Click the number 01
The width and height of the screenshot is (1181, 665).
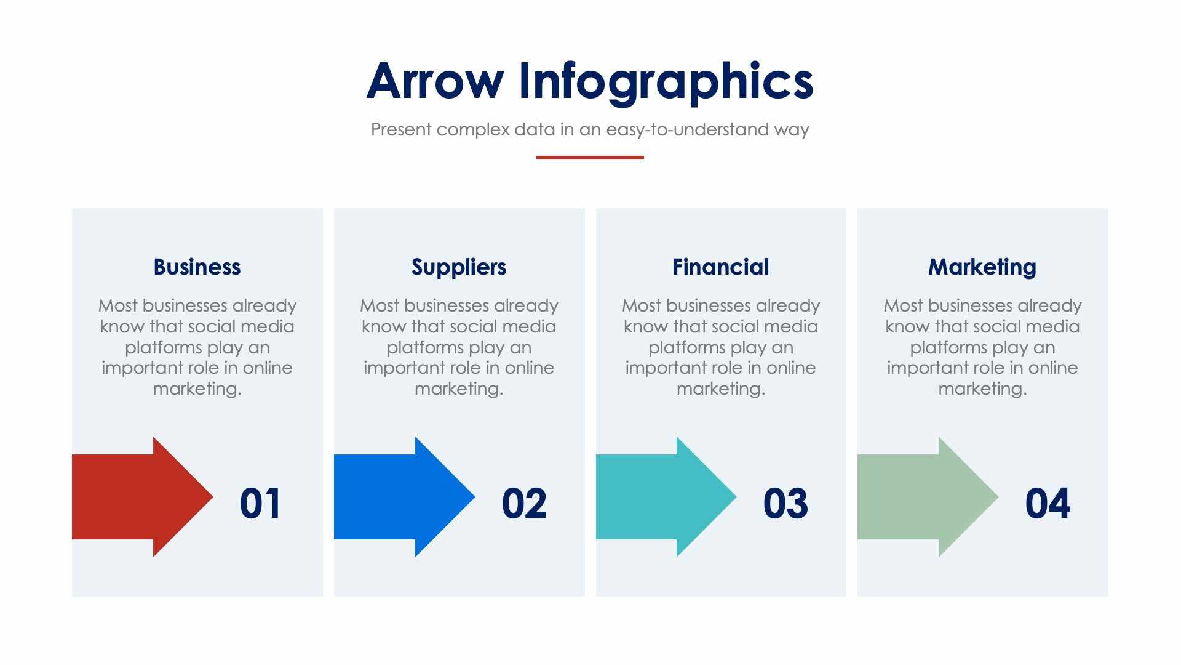[261, 504]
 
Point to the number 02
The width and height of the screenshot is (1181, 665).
[523, 504]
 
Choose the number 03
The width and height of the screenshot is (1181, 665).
[785, 504]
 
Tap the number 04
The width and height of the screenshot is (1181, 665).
[1047, 504]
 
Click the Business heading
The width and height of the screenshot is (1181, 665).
[197, 267]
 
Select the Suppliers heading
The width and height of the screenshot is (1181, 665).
[459, 267]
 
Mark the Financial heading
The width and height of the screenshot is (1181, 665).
[721, 267]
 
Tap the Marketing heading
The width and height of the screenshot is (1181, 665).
[982, 267]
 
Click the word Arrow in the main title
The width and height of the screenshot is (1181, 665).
[434, 81]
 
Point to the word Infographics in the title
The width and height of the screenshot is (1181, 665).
[666, 81]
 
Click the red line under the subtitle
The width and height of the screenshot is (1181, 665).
[590, 158]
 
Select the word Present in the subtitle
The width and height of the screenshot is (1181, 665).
[401, 130]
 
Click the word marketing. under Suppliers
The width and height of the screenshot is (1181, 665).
[459, 389]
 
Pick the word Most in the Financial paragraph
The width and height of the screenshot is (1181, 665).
[641, 306]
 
